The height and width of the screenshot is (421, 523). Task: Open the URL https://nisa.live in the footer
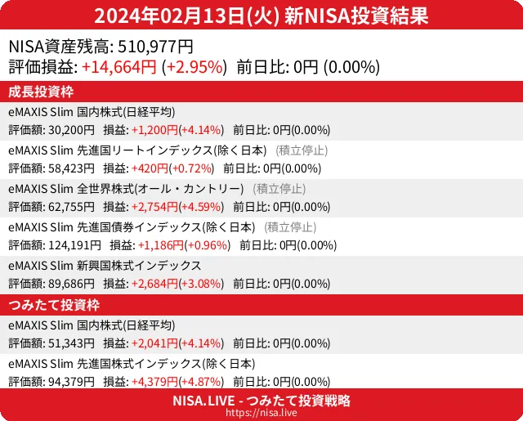(261, 414)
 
